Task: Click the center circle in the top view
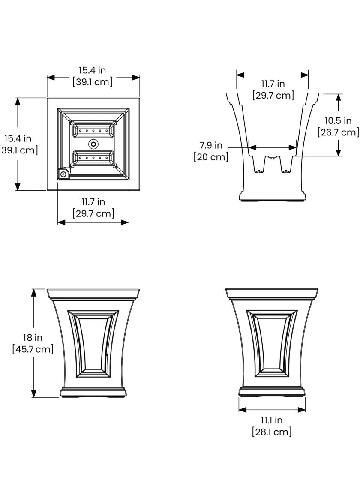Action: (93, 144)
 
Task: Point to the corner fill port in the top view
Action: (63, 174)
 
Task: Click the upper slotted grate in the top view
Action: (93, 130)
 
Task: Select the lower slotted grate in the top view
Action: (93, 158)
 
